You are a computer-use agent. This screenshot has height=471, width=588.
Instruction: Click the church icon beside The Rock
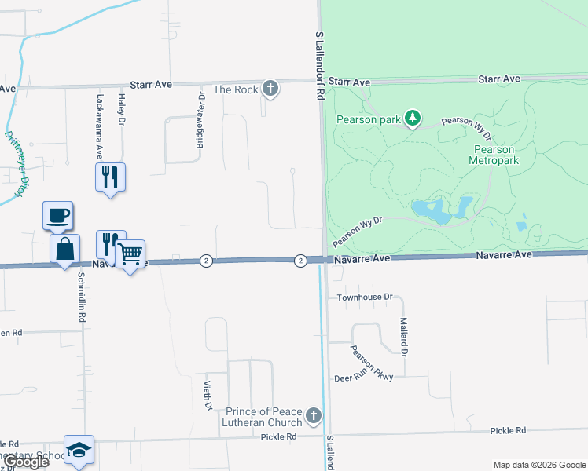click(270, 89)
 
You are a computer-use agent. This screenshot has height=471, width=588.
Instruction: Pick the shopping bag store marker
click(64, 250)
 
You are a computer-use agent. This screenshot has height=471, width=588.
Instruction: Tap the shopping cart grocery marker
click(130, 254)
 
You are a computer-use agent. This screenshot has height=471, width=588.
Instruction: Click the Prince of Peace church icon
click(314, 415)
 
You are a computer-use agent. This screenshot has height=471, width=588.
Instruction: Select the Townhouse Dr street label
click(364, 298)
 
